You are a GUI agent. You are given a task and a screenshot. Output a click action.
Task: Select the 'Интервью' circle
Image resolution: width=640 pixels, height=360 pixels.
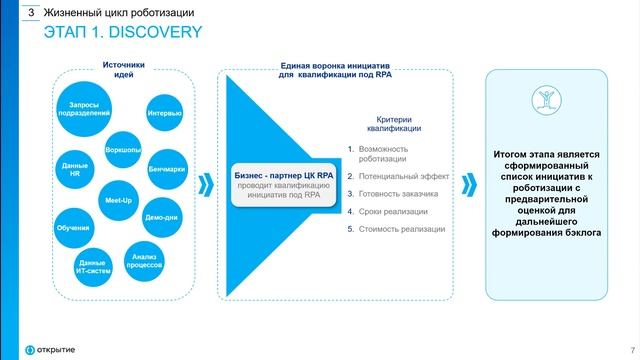tap(164, 113)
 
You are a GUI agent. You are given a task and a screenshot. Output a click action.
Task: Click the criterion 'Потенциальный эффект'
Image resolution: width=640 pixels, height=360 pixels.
tap(398, 175)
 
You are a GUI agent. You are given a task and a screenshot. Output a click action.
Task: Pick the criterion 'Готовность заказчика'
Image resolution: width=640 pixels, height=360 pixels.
tap(398, 193)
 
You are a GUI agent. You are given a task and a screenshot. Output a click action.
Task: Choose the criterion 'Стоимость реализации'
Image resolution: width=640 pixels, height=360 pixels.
tap(399, 229)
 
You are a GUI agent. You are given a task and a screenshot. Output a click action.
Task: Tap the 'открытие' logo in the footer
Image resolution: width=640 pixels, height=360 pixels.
tap(45, 347)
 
